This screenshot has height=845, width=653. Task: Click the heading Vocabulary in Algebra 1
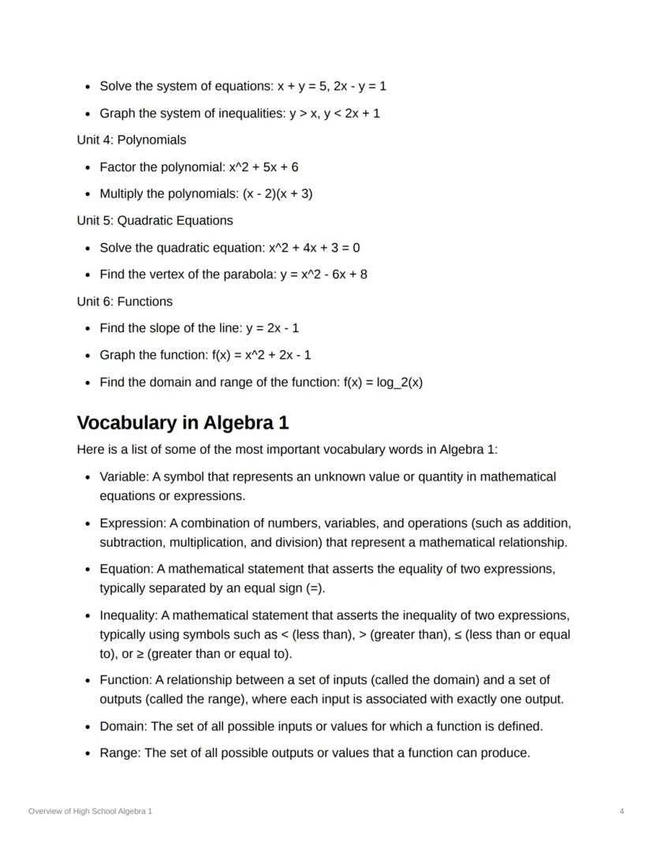point(182,423)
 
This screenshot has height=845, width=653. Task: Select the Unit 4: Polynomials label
point(132,140)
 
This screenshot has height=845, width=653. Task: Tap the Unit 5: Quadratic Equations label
point(155,220)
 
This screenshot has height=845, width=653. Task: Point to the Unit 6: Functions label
point(125,301)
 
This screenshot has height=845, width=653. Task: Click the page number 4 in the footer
point(622,811)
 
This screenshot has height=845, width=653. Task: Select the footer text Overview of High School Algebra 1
point(90,811)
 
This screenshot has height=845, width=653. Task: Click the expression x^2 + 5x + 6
point(263,167)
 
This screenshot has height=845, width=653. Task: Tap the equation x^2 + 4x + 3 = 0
point(314,248)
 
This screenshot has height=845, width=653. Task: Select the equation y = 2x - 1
point(272,328)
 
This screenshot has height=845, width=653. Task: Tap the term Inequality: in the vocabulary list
point(129,615)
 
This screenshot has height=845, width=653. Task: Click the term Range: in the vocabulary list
point(120,753)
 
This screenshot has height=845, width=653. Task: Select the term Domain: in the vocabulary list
point(123,726)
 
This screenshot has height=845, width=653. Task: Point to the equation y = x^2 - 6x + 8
point(323,275)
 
